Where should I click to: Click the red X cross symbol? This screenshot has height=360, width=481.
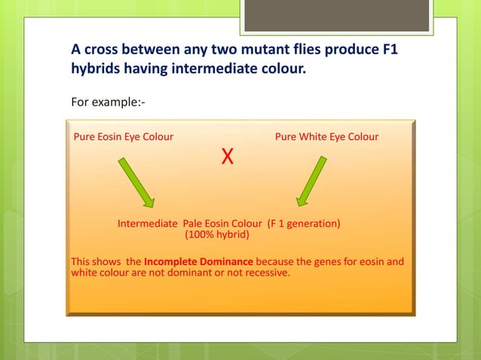tap(227, 157)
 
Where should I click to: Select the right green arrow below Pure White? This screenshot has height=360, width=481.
tap(311, 181)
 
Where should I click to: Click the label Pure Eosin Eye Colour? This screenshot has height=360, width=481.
tap(123, 137)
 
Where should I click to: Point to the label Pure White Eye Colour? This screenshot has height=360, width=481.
tap(326, 137)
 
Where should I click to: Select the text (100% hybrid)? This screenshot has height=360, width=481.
tap(217, 234)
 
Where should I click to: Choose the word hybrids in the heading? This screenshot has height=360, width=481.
tap(95, 69)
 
